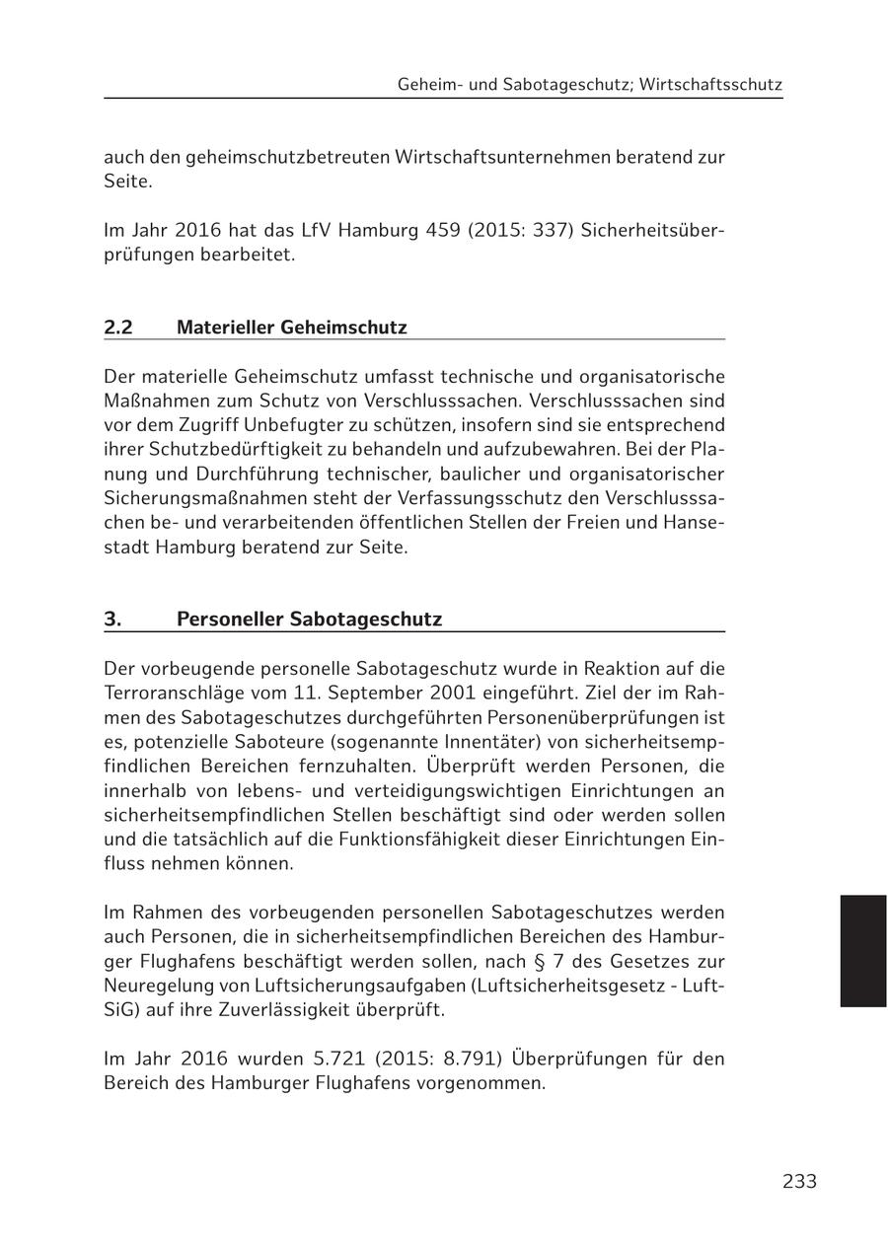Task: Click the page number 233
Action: [x=799, y=1181]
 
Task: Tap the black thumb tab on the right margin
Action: [x=863, y=950]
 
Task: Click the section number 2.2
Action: [x=118, y=327]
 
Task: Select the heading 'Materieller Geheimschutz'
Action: [x=291, y=327]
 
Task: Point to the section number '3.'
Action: [x=112, y=619]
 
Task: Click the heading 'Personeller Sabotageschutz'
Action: [x=309, y=619]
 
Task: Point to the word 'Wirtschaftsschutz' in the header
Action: [x=710, y=85]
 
